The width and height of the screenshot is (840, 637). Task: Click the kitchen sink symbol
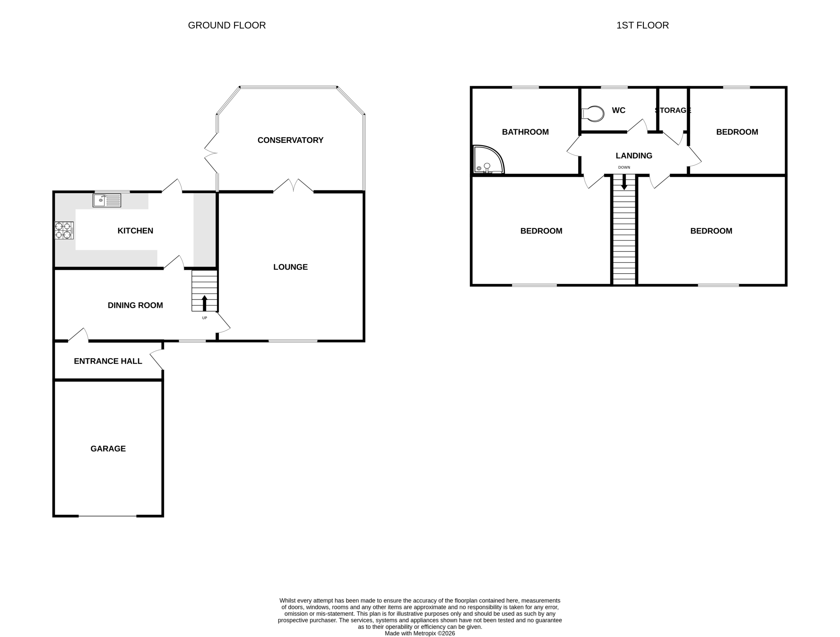pos(107,200)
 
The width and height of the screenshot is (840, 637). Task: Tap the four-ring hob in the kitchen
pos(64,230)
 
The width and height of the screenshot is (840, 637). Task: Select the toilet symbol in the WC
pos(593,113)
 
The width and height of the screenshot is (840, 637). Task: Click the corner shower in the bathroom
pos(488,159)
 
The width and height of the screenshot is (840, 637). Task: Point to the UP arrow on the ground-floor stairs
pos(204,303)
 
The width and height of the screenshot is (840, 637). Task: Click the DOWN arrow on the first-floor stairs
pos(624,182)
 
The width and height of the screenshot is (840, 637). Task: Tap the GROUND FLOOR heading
pos(227,26)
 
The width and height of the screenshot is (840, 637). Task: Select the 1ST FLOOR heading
pos(642,26)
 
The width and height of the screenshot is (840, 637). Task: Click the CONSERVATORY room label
pos(290,140)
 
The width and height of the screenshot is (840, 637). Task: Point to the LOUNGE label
pos(290,267)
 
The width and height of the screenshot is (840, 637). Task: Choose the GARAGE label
pos(108,449)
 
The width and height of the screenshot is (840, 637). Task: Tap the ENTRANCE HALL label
pos(108,361)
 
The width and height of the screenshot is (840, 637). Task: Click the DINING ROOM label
pos(135,306)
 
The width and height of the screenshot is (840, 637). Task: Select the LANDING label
pos(634,156)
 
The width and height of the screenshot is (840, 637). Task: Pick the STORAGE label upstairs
pos(673,111)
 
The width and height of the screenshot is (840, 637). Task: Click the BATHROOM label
pos(525,132)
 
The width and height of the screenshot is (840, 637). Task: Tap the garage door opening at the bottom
pos(108,516)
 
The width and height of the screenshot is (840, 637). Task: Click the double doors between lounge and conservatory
pos(293,186)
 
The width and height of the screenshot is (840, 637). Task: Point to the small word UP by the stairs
pos(204,318)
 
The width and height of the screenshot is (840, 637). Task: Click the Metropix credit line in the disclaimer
pos(420,633)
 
